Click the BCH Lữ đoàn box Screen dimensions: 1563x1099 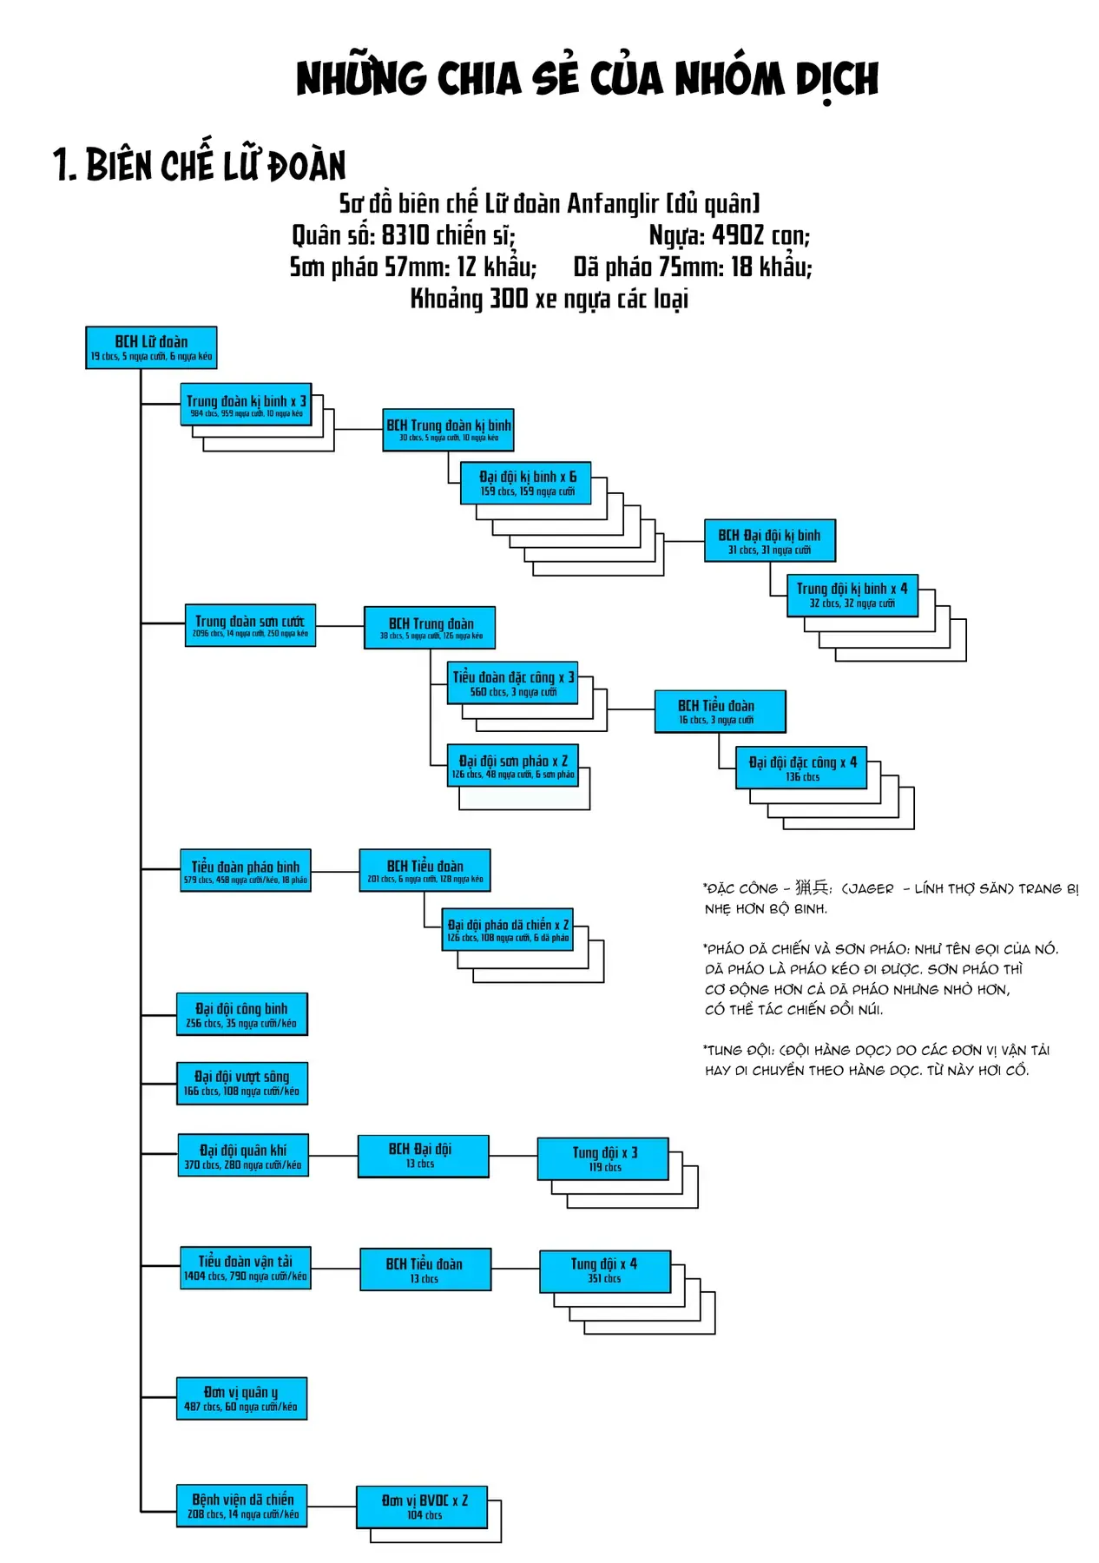click(151, 347)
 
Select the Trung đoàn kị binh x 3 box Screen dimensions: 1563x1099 click(246, 405)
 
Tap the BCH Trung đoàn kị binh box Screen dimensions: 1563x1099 click(448, 430)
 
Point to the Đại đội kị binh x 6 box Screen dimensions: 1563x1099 click(526, 483)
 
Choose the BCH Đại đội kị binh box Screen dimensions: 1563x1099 click(769, 541)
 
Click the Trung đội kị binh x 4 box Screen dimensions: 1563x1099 click(852, 595)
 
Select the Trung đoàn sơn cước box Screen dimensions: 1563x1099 click(250, 626)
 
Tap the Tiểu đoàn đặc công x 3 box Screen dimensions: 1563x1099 click(512, 683)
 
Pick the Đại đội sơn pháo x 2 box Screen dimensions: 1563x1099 click(512, 766)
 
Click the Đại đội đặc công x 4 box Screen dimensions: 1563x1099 click(801, 768)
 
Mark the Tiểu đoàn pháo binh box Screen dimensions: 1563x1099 click(245, 871)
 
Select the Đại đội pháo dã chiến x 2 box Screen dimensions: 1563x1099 click(508, 930)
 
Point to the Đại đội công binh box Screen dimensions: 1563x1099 click(241, 1014)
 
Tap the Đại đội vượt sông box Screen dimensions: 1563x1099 click(241, 1083)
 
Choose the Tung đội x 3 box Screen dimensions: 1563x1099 click(603, 1158)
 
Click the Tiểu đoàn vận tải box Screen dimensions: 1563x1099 click(245, 1268)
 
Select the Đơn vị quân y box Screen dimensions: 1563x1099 click(241, 1398)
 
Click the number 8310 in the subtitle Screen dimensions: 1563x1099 click(405, 235)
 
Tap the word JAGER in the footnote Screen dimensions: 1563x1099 click(870, 888)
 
